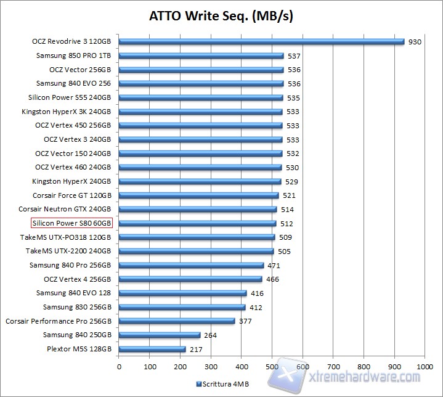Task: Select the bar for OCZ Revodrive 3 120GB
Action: [261, 42]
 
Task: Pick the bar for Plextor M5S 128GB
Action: [152, 349]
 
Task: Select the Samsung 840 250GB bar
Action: [160, 335]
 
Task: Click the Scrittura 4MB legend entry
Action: [224, 383]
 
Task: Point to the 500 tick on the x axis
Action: [272, 365]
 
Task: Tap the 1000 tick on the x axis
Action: [424, 365]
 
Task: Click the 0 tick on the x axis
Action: [119, 365]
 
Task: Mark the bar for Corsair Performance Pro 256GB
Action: [177, 321]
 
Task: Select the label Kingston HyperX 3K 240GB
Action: [67, 112]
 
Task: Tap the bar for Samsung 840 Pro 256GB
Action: [191, 265]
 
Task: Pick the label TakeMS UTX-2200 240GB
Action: [68, 251]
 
